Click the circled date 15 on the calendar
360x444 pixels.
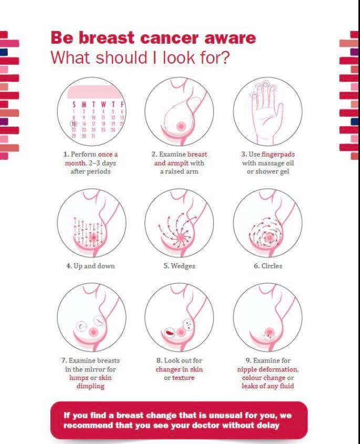(74, 123)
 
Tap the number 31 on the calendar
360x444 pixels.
(94, 136)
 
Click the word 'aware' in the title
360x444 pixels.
(230, 38)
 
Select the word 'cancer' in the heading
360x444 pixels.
(169, 38)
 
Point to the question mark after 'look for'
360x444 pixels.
(224, 57)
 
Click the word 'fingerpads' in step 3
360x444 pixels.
(278, 154)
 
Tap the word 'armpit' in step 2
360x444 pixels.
(177, 163)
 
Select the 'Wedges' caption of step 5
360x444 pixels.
(183, 266)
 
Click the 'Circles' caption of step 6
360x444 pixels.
(272, 266)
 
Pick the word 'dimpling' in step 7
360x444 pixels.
(90, 386)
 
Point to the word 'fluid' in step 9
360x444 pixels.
(287, 386)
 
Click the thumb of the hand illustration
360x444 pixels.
(279, 113)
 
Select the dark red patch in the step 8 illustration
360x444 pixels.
(170, 333)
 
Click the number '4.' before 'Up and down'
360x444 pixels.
(69, 266)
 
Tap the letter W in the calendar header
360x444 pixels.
(104, 105)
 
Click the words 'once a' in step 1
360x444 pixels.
(108, 154)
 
